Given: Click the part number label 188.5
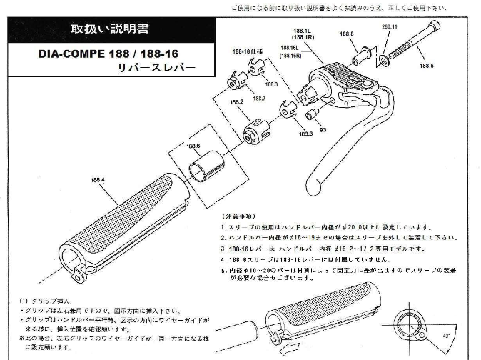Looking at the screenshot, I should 426,65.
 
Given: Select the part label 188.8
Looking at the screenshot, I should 348,34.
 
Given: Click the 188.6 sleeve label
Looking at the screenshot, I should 193,146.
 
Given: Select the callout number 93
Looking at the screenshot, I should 323,130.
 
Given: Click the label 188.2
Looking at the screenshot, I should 237,102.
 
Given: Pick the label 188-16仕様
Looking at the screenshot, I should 245,52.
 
